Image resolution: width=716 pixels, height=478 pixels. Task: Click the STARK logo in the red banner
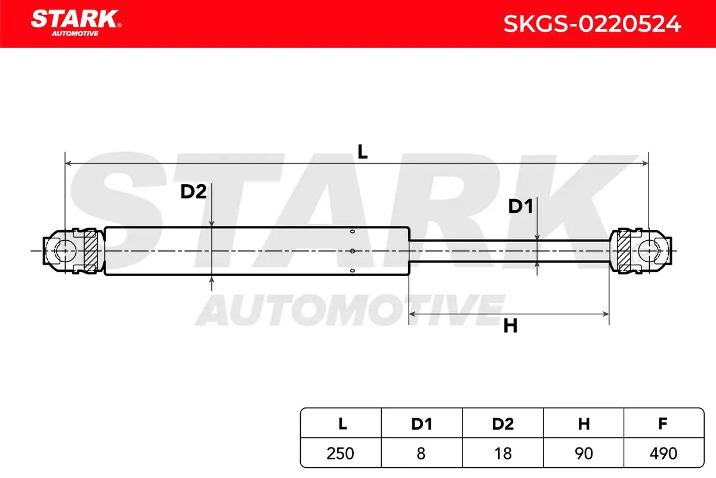coord(76,23)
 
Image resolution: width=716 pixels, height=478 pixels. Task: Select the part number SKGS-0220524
coord(592,24)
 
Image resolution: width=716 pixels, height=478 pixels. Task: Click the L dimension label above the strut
coord(362,152)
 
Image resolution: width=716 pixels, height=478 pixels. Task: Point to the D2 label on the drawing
coord(193,192)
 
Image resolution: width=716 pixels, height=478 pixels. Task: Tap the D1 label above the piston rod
coord(521,206)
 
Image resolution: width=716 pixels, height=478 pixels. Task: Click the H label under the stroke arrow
coord(510,326)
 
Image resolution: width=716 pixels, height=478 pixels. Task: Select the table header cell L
coord(342,424)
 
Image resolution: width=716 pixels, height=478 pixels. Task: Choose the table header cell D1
coord(422,424)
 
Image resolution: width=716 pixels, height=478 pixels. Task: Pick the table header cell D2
coord(503,424)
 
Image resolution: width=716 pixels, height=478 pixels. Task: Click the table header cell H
coord(584,424)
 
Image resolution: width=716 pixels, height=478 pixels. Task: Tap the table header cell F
coord(662,424)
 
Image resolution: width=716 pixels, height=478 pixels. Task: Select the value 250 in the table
coord(340,454)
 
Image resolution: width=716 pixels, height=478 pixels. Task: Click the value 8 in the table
coord(421,454)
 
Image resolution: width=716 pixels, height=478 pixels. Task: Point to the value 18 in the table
coord(503,454)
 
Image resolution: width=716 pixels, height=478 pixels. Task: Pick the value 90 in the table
coord(584,454)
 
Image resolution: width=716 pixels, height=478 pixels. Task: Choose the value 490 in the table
coord(663,454)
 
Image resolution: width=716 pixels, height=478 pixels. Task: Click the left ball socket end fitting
coord(74,251)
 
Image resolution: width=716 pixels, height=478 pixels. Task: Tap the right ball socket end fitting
coord(640,251)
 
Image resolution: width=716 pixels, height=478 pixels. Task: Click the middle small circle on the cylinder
coord(352,251)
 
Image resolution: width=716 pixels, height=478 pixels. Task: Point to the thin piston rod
coord(509,251)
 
